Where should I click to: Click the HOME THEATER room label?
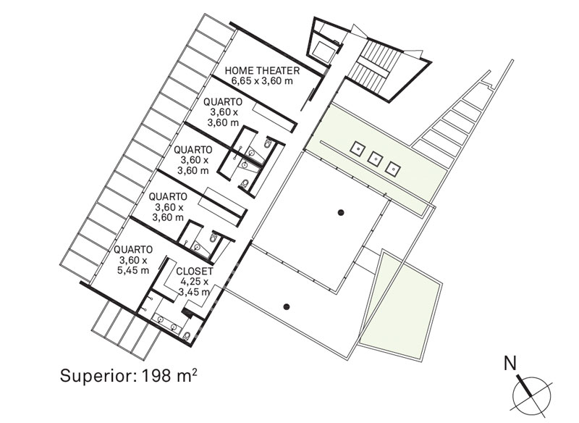(x=262, y=70)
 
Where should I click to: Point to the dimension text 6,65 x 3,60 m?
(x=262, y=80)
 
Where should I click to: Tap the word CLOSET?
(x=195, y=271)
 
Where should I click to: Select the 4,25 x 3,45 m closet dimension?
(x=195, y=287)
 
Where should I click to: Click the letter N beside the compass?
(x=510, y=364)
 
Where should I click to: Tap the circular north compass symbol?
(x=532, y=395)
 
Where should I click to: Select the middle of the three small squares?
(x=375, y=159)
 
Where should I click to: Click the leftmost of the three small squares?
(x=358, y=148)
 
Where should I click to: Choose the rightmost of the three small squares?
(x=392, y=169)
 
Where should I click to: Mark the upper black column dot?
(x=341, y=212)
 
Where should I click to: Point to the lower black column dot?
(x=286, y=306)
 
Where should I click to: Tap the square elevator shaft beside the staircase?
(x=324, y=51)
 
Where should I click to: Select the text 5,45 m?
(x=133, y=270)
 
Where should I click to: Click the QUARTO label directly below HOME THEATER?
(x=223, y=102)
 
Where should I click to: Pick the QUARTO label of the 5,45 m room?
(x=133, y=250)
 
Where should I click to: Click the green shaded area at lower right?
(x=402, y=305)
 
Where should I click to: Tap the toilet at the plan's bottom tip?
(x=187, y=336)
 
